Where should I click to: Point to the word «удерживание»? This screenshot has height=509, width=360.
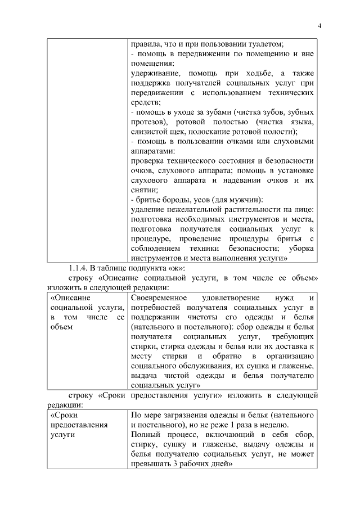(153, 73)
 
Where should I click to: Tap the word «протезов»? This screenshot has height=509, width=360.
(147, 122)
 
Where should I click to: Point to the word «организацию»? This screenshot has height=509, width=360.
(290, 356)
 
